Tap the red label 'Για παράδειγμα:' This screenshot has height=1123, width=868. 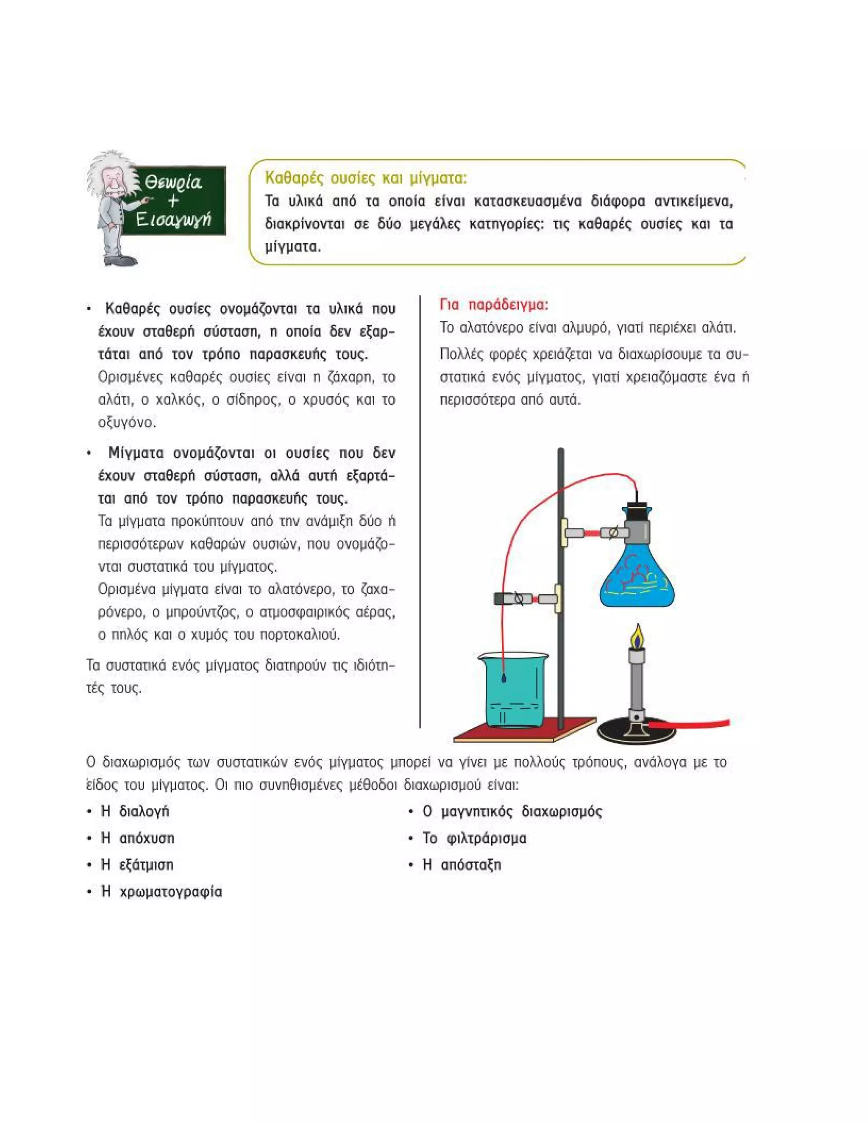pyautogui.click(x=494, y=305)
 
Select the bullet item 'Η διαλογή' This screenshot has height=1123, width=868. pyautogui.click(x=135, y=812)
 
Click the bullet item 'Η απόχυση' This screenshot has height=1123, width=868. pyautogui.click(x=138, y=839)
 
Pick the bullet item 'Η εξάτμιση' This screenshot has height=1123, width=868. pyautogui.click(x=137, y=865)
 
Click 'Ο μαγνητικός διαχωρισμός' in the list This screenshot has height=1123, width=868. pyautogui.click(x=512, y=812)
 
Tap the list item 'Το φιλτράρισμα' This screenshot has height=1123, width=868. pyautogui.click(x=474, y=839)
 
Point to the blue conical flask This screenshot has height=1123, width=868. pyautogui.click(x=637, y=578)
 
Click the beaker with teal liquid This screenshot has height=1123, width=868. pyautogui.click(x=513, y=692)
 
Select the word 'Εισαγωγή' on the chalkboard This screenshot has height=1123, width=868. pyautogui.click(x=173, y=220)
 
